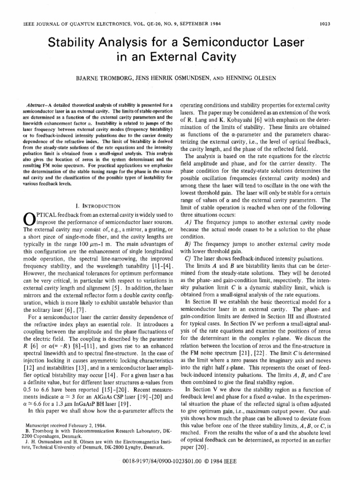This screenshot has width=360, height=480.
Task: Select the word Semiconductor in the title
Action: coord(231,44)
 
